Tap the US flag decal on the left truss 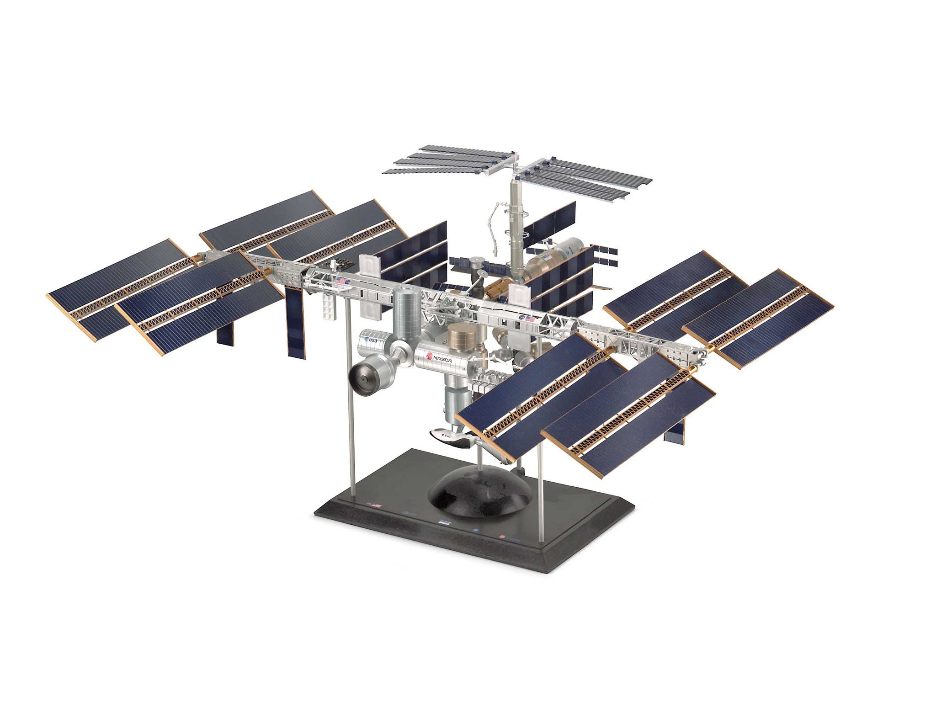coord(340,281)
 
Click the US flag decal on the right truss coord(531,319)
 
